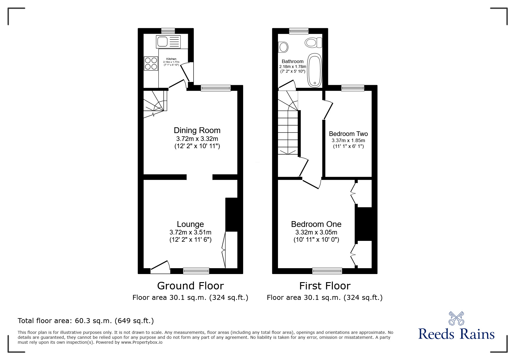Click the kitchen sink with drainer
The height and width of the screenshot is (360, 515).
pos(168,42)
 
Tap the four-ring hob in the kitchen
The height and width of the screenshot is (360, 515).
pos(151,64)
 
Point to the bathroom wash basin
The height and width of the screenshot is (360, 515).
pos(283,47)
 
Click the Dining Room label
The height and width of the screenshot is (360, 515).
pos(197,130)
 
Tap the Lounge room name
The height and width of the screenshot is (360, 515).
pos(190,224)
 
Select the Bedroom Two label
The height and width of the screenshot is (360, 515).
pos(348,134)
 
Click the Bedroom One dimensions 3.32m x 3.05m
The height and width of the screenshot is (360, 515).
pos(316,232)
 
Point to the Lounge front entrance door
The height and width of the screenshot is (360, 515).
pos(160,267)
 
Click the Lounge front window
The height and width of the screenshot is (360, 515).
pos(196,271)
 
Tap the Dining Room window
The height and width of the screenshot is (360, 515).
pos(215,88)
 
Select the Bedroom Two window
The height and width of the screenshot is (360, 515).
pos(352,88)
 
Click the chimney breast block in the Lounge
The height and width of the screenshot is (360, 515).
pos(232,214)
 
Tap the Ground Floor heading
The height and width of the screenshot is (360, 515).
pos(190,286)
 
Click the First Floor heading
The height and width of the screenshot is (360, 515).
pos(325,286)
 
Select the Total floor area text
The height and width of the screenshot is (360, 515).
pos(86,321)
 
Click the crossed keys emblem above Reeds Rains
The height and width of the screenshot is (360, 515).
pos(456,318)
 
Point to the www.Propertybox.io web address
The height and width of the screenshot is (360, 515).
pos(142,342)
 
